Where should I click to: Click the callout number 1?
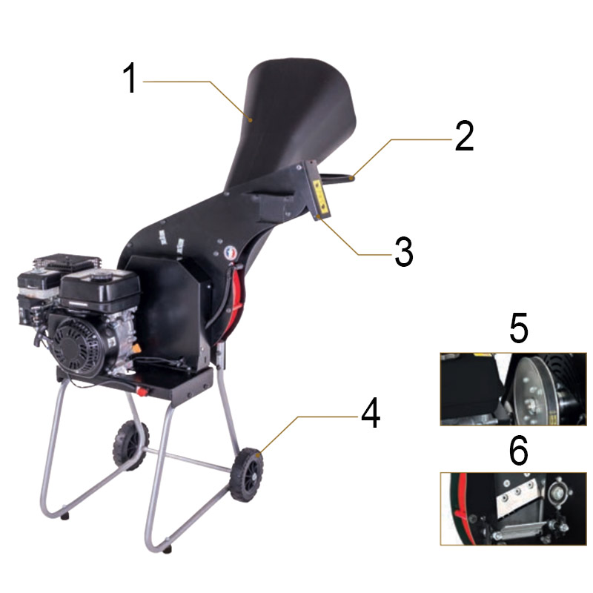[x=130, y=79]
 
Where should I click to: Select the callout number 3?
[x=402, y=253]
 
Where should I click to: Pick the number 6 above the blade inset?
[x=519, y=450]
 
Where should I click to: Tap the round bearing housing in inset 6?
[x=557, y=493]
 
